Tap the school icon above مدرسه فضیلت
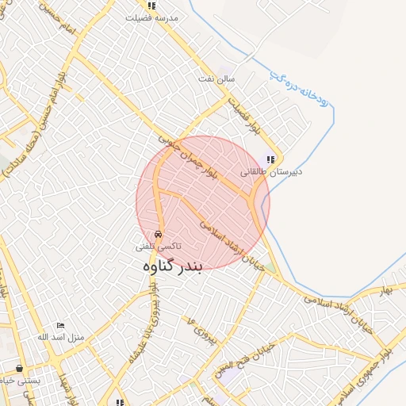[151, 5]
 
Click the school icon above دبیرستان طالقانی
[271, 159]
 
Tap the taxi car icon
[159, 235]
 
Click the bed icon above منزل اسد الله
[61, 325]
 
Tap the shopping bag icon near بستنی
[18, 369]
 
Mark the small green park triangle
[272, 267]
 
